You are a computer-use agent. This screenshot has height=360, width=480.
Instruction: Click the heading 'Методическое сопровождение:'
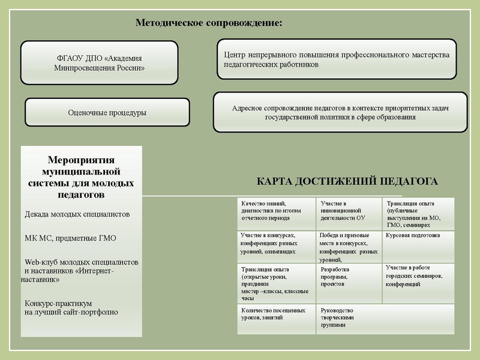[209, 23]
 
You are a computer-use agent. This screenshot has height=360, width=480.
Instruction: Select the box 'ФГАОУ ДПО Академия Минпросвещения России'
[99, 63]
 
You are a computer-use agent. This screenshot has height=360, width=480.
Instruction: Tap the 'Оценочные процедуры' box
[107, 113]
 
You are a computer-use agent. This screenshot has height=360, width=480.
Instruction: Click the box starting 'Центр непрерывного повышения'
[336, 59]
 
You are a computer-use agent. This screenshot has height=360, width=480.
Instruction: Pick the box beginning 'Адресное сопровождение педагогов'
[340, 112]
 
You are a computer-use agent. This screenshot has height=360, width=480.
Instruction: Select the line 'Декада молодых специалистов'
[77, 214]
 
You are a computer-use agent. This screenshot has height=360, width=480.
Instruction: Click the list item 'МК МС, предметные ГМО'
[70, 238]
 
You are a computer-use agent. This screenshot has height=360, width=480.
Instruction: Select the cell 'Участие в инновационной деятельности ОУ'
[348, 211]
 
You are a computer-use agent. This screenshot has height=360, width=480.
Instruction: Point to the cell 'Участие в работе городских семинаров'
[418, 276]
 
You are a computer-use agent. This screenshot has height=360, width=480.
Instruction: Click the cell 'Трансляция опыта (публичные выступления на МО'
[418, 213]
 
